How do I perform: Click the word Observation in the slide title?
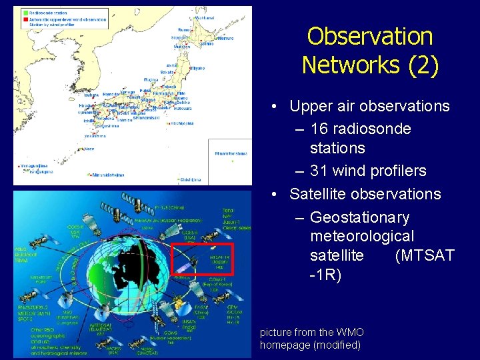(370, 36)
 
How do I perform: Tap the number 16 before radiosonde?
(323, 129)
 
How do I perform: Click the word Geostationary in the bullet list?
(360, 218)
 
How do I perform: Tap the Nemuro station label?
(224, 39)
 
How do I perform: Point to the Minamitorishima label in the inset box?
(230, 154)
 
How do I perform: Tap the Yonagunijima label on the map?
(30, 164)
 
